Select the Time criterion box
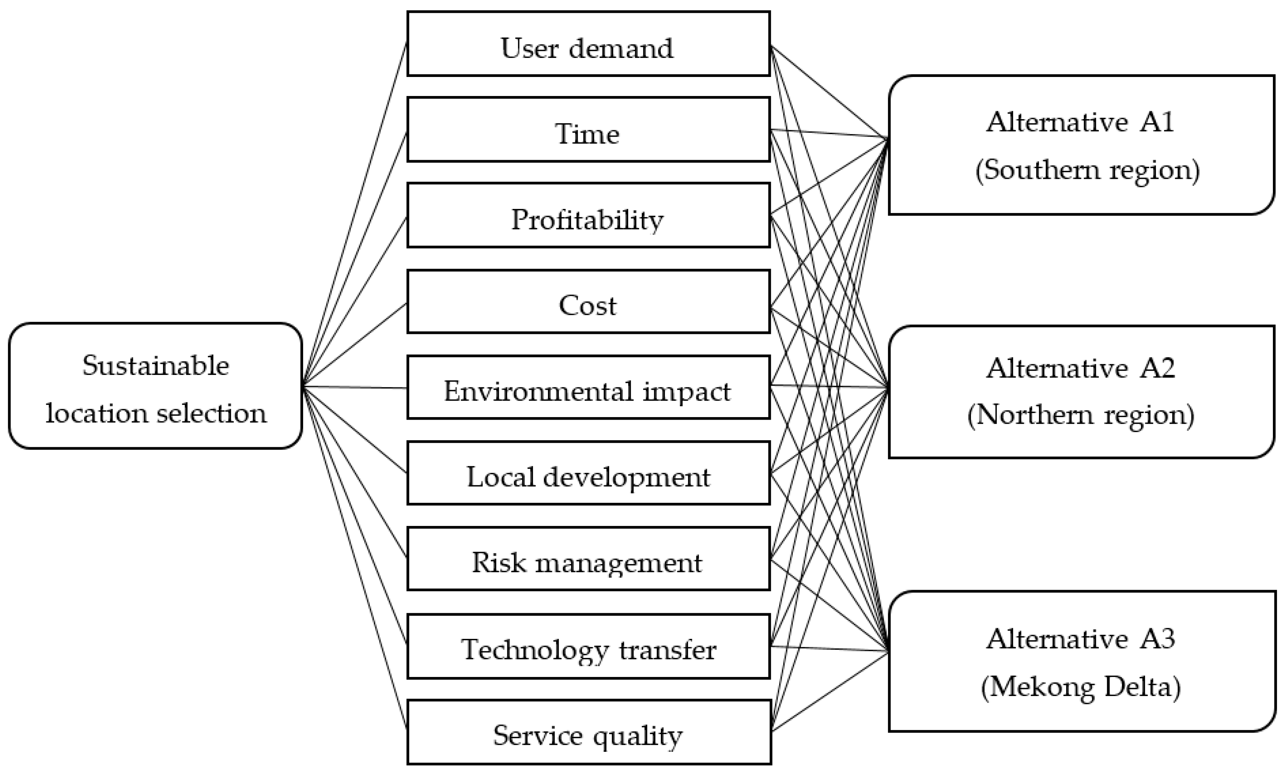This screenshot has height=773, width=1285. point(588,130)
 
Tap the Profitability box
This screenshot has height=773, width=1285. point(588,215)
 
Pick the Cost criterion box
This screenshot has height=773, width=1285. point(588,302)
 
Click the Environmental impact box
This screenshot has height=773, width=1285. point(588,387)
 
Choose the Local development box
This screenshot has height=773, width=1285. point(588,473)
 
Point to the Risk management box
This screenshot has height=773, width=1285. point(588,559)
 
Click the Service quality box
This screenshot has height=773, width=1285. point(588,732)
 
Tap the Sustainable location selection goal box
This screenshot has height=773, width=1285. point(155,386)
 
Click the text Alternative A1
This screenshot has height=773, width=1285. point(1080,122)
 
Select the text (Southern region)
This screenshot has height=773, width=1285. point(1087,170)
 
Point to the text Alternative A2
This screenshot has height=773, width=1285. point(1080,368)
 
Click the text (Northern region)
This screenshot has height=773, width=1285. point(1081,415)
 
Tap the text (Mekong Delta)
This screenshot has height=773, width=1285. point(1081,687)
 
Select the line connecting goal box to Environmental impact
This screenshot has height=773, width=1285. point(354,387)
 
